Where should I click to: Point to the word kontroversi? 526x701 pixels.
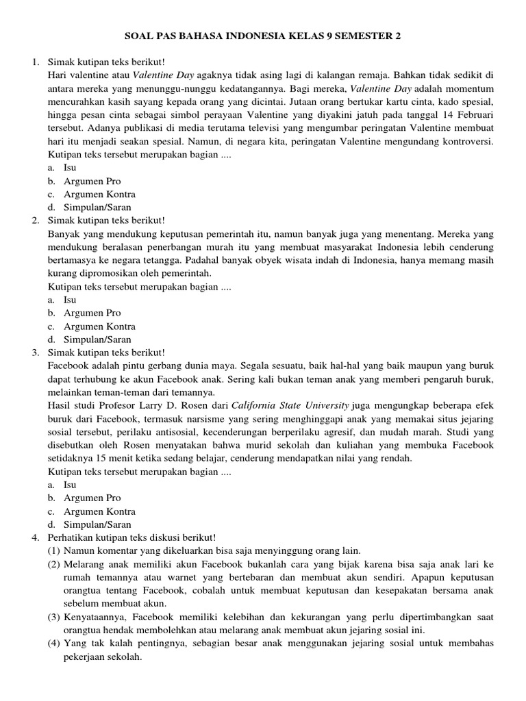point(463,141)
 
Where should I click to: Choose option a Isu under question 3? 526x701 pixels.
point(70,485)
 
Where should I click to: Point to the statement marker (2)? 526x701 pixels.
point(54,564)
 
